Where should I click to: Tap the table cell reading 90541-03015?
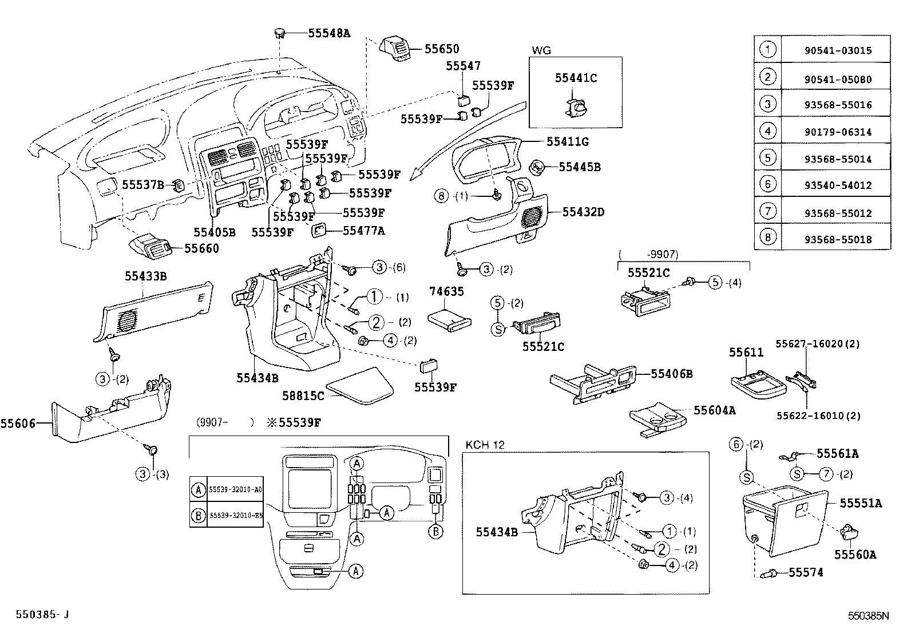(837, 50)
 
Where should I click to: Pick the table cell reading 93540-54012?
(837, 185)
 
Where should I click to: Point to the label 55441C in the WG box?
(575, 78)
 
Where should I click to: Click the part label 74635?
(446, 291)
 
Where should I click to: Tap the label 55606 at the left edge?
(18, 424)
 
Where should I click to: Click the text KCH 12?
(485, 445)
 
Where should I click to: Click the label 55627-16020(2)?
(818, 344)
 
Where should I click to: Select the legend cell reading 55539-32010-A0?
(235, 490)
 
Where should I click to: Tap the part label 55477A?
(363, 231)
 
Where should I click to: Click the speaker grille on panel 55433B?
(129, 319)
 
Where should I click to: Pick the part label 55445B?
(579, 167)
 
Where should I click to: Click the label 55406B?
(672, 374)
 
